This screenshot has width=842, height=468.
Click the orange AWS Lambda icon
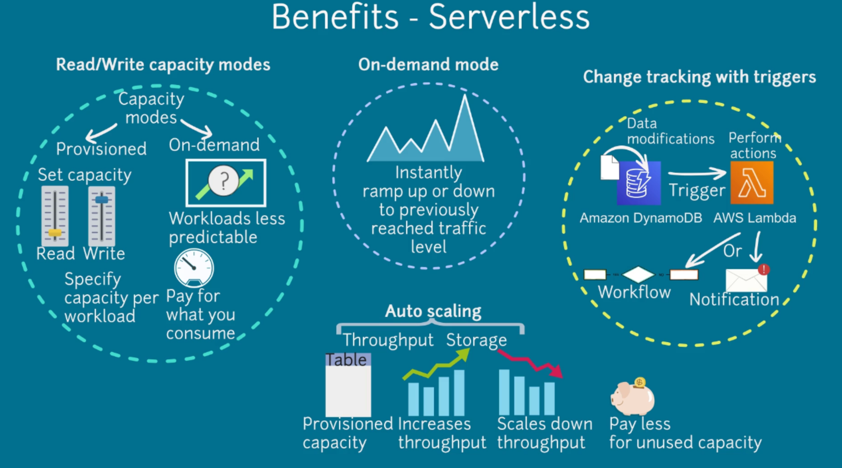point(752,183)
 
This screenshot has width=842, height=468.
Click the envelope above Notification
point(746,280)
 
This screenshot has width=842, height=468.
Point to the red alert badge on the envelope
point(764,269)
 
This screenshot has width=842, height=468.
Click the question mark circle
point(223,180)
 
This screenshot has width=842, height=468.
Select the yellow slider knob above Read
point(55,233)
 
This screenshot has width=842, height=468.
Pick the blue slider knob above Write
point(102,200)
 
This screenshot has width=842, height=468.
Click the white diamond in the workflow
point(638,274)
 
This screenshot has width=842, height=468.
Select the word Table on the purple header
point(346,360)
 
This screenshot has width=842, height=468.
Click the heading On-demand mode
point(428,64)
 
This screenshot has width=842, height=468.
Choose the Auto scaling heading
point(433,311)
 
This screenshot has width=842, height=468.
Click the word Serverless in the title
point(509,17)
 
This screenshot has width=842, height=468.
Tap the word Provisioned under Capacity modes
point(101,149)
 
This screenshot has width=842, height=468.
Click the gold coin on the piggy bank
point(639,382)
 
